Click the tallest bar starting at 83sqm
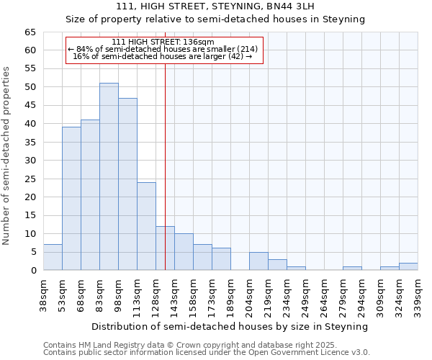click(109, 176)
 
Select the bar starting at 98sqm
click(127, 184)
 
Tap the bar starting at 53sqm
click(71, 198)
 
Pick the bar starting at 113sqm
click(146, 226)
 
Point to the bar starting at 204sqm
click(258, 261)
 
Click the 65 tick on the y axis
click(30, 32)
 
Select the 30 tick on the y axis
click(30, 161)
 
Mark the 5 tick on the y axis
click(33, 252)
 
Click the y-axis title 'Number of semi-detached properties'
click(7, 156)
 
